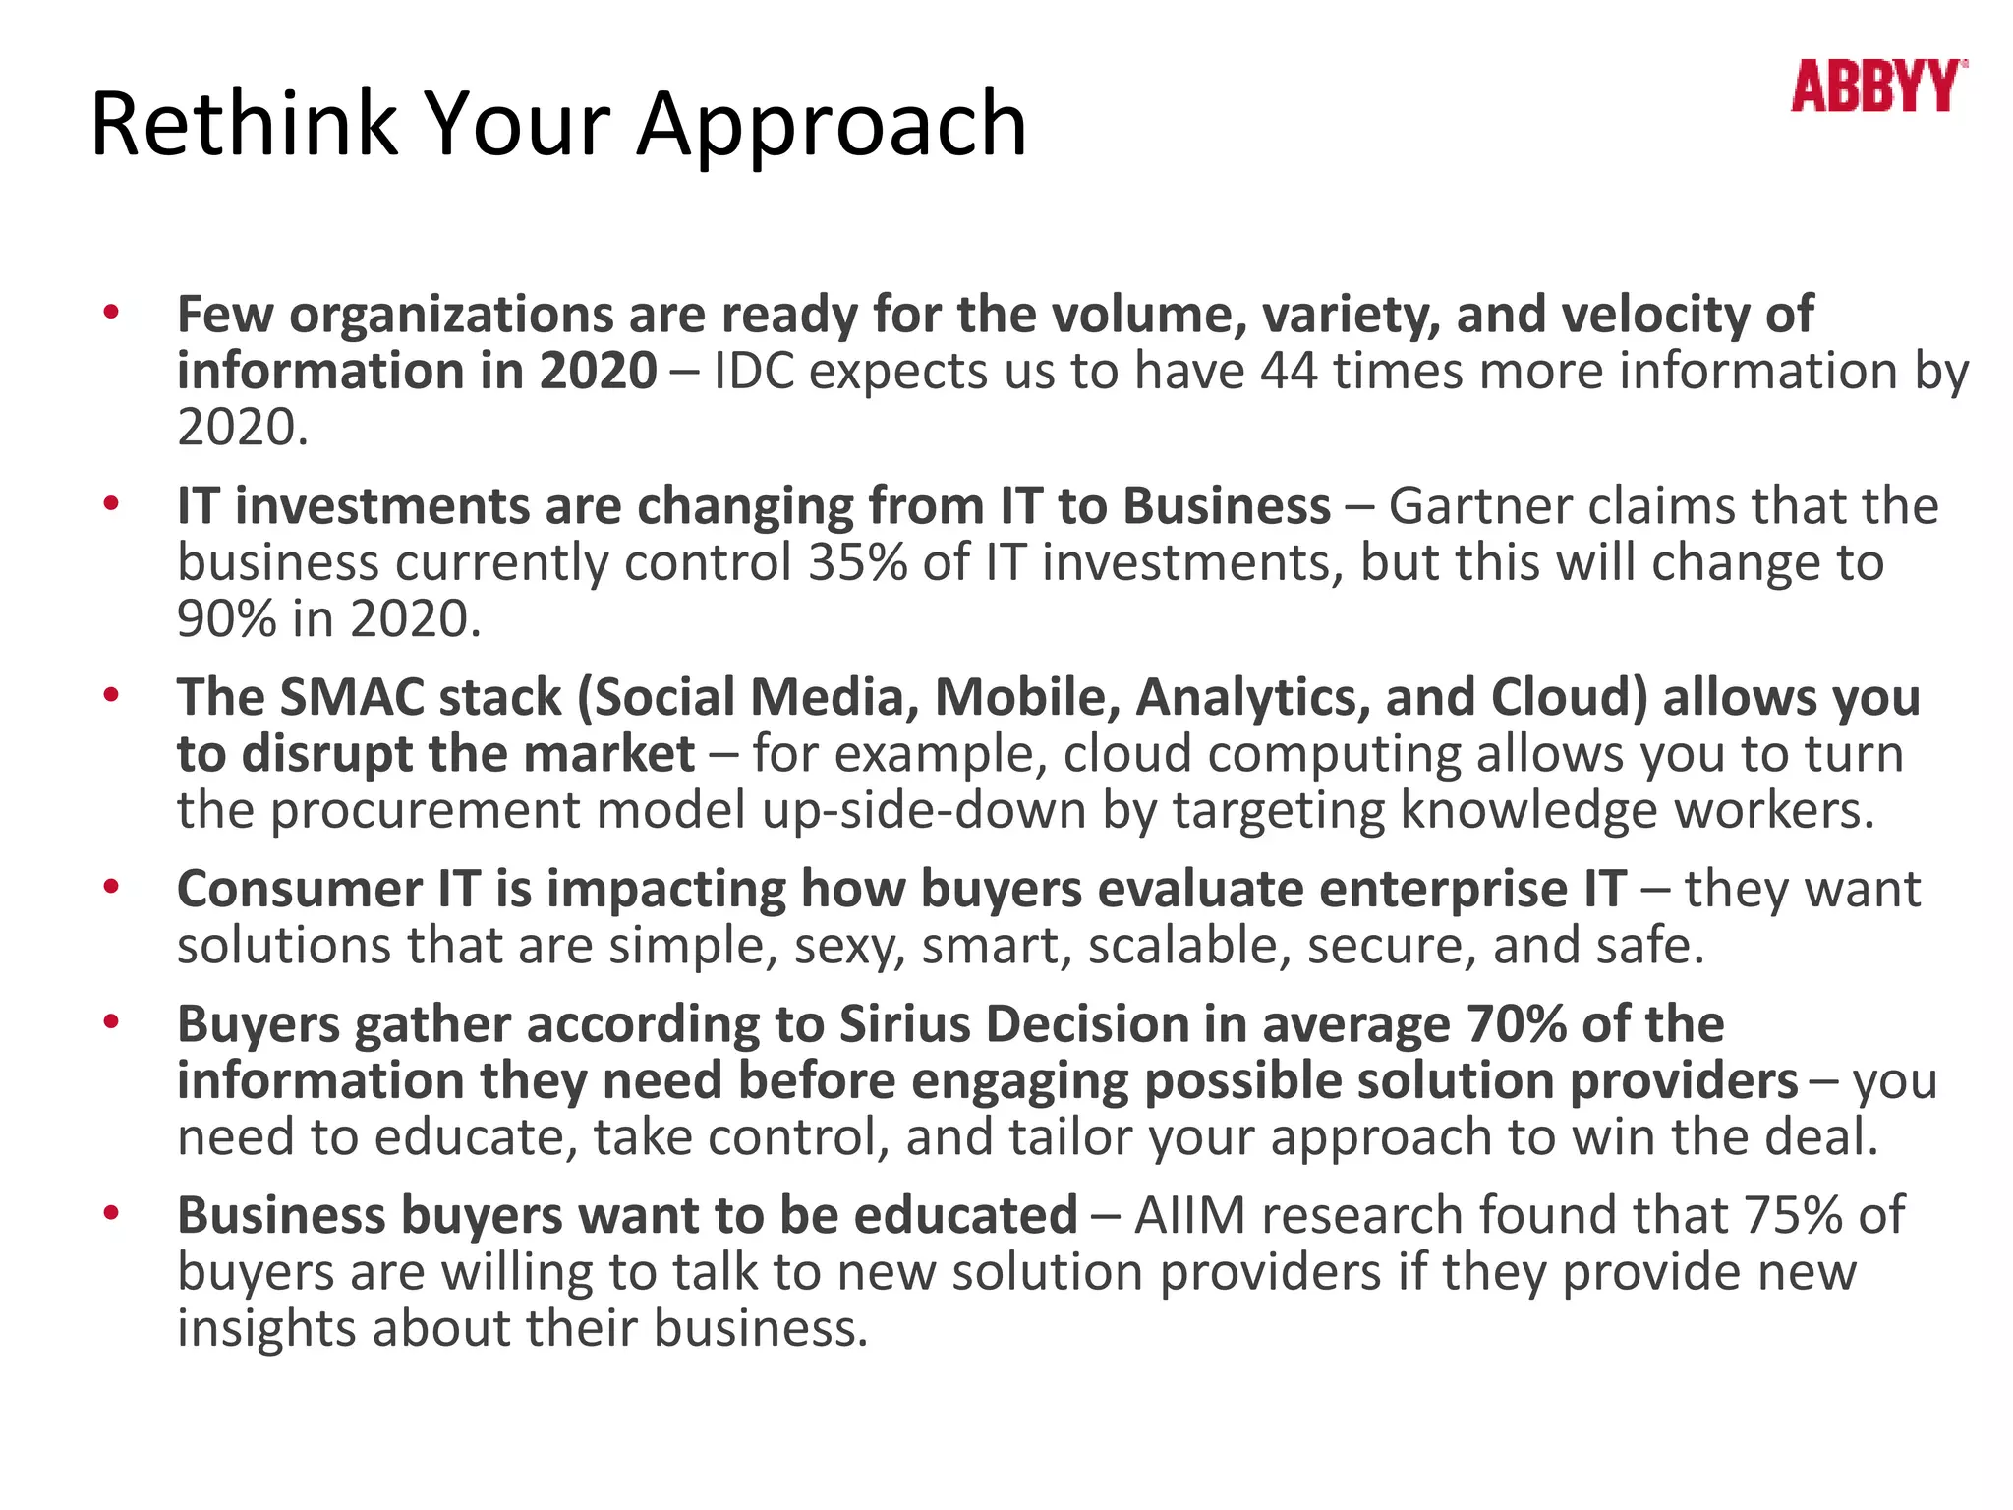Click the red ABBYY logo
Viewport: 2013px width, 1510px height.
tap(1877, 87)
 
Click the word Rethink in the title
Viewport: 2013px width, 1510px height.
tap(242, 125)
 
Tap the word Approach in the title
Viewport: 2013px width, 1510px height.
tap(832, 125)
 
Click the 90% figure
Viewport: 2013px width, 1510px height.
tap(227, 619)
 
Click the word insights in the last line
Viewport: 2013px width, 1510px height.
tap(266, 1328)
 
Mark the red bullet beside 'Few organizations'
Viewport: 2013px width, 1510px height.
tap(111, 314)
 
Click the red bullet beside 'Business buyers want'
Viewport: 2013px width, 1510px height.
tap(111, 1213)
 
